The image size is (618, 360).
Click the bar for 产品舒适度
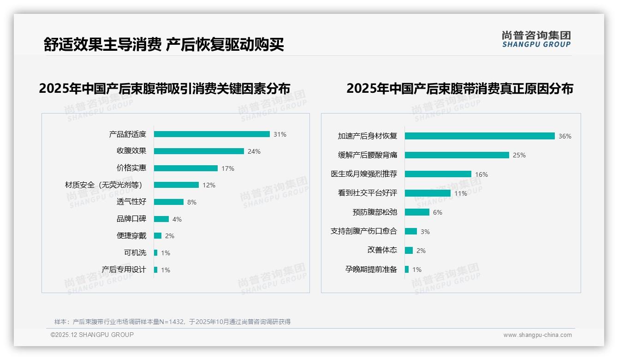(x=212, y=134)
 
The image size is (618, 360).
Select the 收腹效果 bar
(x=199, y=151)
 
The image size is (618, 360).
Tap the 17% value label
(x=228, y=168)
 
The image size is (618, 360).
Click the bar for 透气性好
(x=169, y=202)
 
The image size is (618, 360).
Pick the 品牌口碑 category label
(x=131, y=219)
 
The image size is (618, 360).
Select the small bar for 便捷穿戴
(x=158, y=236)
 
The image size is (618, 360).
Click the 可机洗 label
(x=135, y=253)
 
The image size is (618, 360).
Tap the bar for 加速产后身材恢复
(x=480, y=136)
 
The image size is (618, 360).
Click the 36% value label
(x=565, y=136)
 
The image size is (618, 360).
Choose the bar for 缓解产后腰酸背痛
(x=457, y=155)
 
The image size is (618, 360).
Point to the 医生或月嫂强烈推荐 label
(x=364, y=174)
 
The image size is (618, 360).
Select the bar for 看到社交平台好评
(x=428, y=193)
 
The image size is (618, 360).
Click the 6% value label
(x=438, y=212)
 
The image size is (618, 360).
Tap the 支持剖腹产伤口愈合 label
(x=364, y=231)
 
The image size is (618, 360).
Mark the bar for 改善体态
(x=409, y=251)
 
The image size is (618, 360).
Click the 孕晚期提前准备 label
(x=371, y=270)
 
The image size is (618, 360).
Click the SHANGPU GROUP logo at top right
(x=536, y=39)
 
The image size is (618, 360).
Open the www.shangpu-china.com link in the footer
(x=537, y=335)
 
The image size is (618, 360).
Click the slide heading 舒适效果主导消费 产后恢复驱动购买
(x=164, y=45)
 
